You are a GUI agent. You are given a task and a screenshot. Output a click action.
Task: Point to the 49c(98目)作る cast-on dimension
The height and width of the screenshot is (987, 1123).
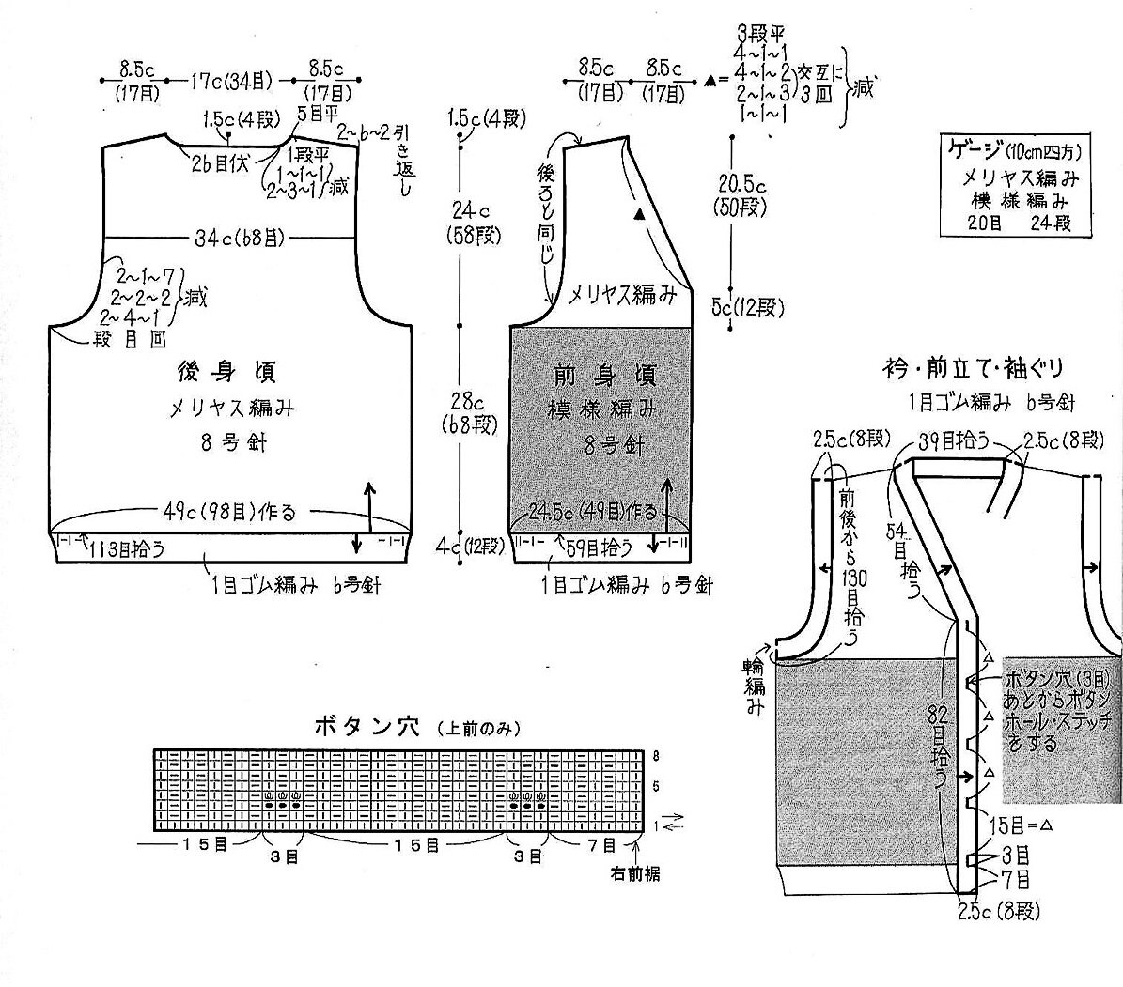pos(226,513)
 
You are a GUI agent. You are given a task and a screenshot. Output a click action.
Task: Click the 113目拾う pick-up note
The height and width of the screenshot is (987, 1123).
pos(128,550)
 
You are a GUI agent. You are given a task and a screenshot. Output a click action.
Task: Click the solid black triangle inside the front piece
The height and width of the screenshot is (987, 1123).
pos(640,215)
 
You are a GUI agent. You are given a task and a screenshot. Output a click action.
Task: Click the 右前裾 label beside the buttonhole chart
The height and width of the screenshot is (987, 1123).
pos(634,874)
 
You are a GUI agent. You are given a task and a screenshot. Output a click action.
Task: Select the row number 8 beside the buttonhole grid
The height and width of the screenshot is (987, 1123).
pos(656,755)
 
